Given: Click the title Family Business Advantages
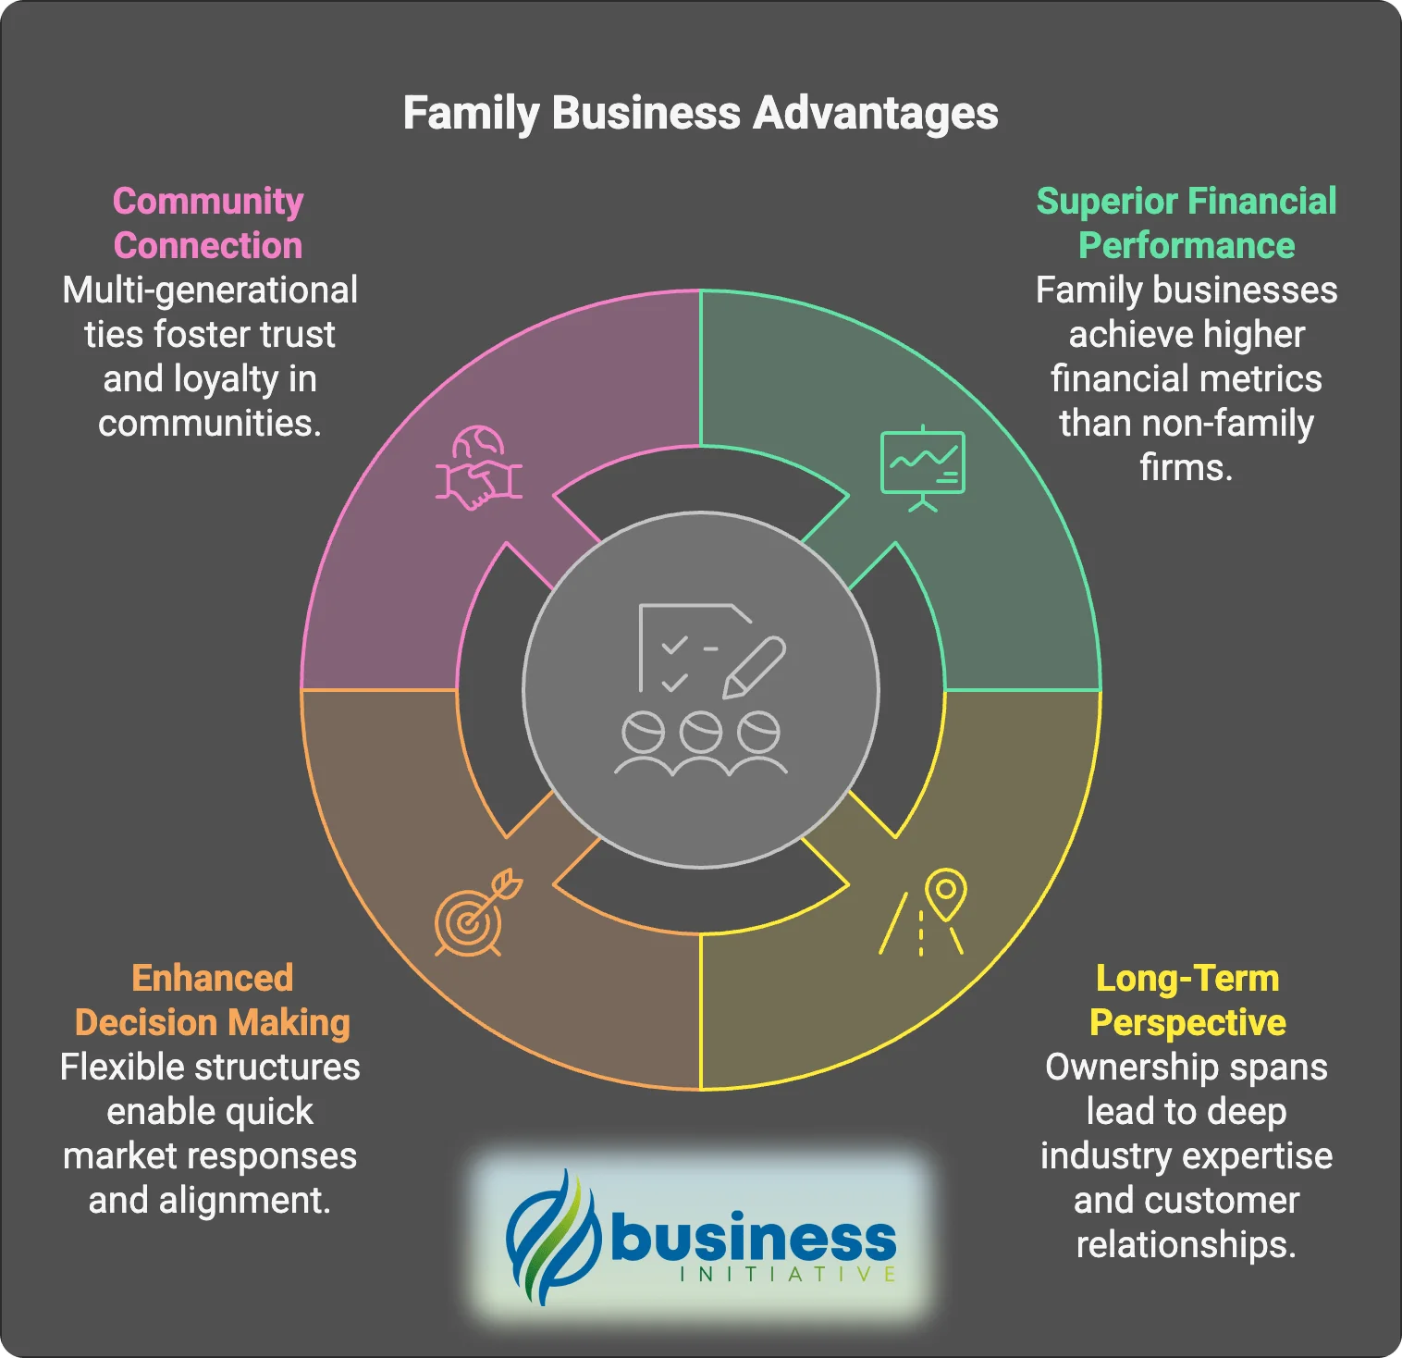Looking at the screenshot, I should pos(700,114).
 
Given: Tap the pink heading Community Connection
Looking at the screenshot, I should pos(208,223).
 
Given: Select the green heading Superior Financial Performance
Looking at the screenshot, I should pos(1186,223).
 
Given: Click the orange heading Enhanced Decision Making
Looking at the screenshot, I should pos(212,1000).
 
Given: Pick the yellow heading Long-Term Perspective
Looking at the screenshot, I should pos(1187,1000).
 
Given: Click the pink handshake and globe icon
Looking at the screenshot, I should pos(479,468).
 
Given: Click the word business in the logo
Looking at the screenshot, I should pos(754,1237).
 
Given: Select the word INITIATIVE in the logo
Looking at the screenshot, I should pos(787,1275).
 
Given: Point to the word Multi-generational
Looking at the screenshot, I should pos(210,290).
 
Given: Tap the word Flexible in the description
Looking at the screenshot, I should pos(117,1068).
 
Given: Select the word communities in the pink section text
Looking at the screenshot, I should pos(208,424).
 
